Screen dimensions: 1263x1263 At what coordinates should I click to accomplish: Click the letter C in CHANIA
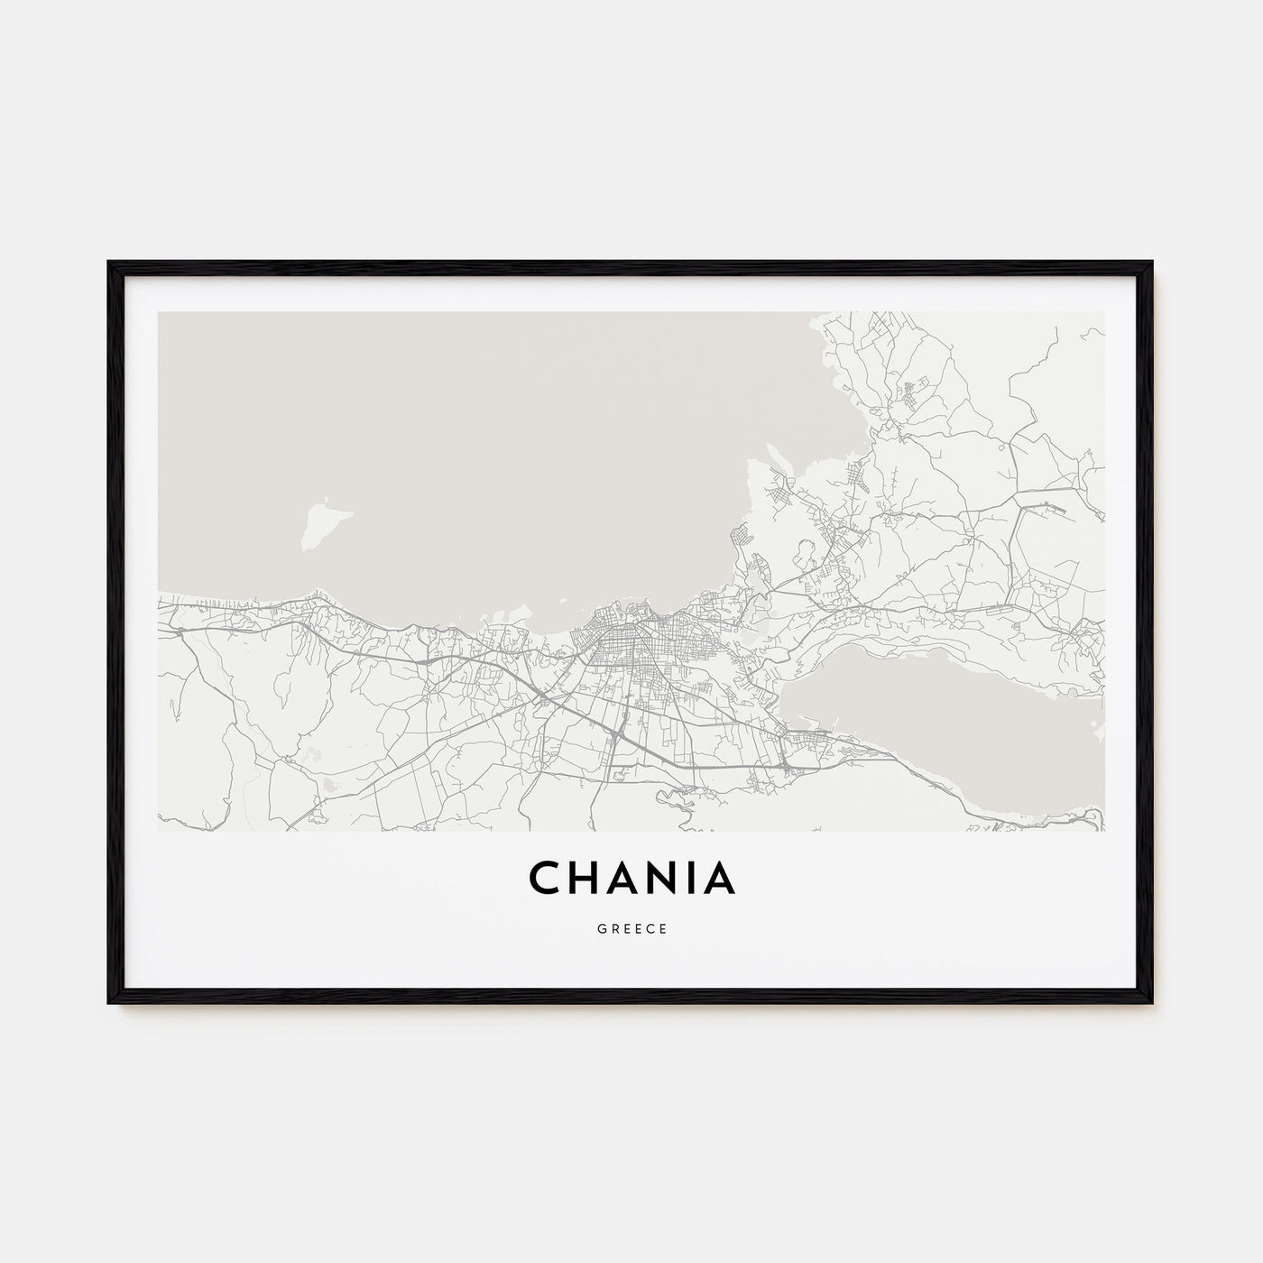click(544, 880)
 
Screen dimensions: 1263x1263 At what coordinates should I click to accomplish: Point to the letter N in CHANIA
click(673, 880)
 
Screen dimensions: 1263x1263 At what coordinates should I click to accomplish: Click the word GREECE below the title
click(631, 929)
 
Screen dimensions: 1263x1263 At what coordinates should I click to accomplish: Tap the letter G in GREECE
click(600, 929)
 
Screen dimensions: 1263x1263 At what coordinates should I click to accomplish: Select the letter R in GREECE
click(613, 929)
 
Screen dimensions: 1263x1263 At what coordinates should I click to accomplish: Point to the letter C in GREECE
click(650, 929)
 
